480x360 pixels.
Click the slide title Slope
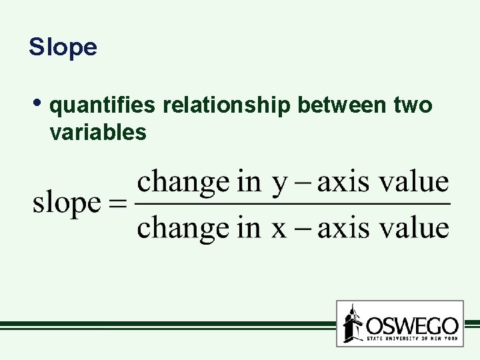(x=63, y=47)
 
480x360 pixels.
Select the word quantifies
(x=103, y=105)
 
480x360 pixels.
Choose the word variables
(x=97, y=132)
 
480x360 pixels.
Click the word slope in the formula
(x=67, y=204)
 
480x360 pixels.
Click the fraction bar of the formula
(x=293, y=204)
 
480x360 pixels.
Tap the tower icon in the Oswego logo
(x=353, y=325)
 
